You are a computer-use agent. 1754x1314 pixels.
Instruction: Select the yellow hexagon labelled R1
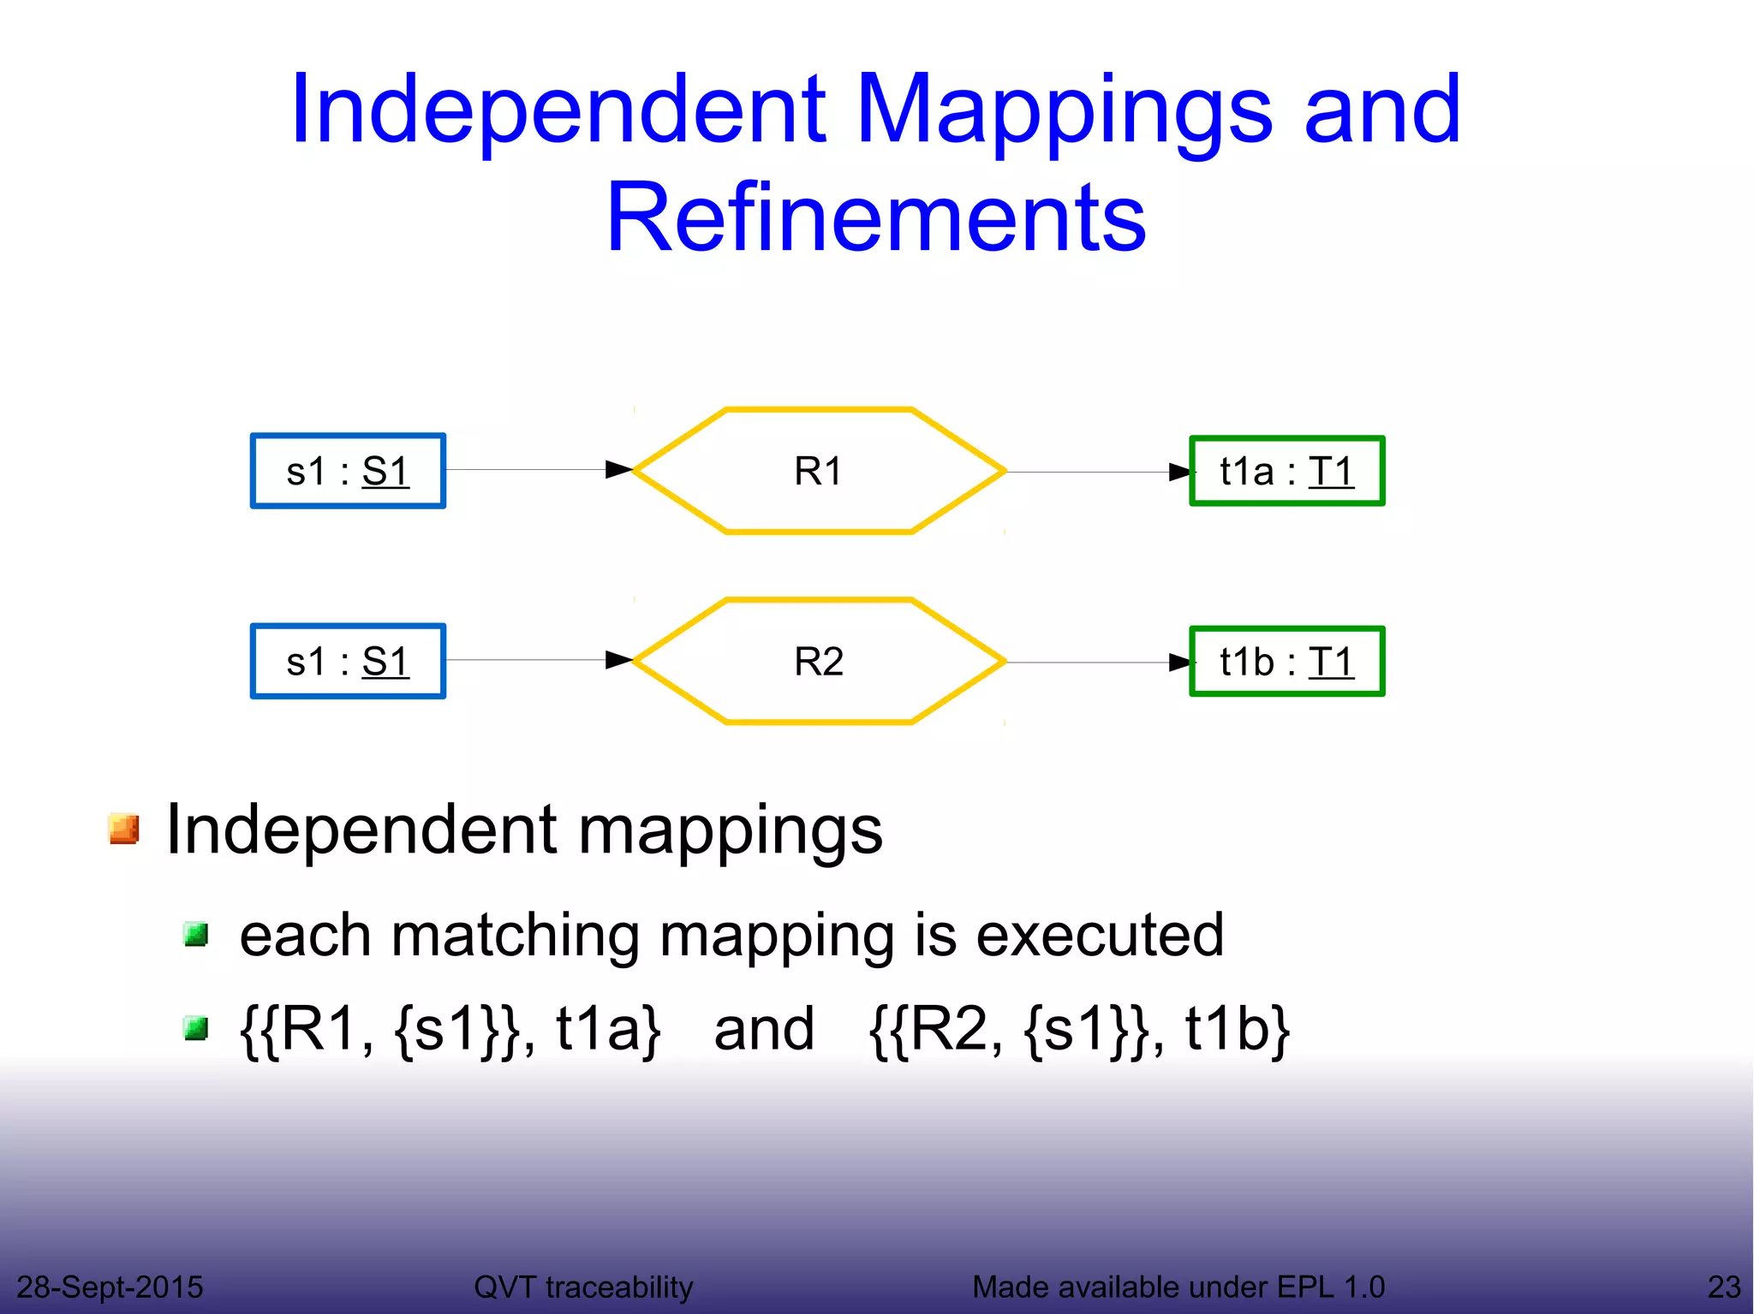819,471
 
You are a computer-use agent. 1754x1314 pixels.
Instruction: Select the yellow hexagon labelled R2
819,662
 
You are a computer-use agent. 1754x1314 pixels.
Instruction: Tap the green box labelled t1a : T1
1286,471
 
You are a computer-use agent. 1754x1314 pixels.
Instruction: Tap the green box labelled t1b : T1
1286,662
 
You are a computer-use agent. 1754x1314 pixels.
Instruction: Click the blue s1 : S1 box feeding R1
348,471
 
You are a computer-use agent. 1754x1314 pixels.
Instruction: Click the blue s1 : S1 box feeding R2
348,662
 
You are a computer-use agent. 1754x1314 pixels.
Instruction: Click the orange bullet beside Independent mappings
124,829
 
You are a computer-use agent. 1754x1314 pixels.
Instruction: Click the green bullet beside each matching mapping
196,934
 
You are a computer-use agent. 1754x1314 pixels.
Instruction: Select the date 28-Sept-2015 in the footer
110,1287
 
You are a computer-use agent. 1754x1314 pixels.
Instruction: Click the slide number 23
1723,1287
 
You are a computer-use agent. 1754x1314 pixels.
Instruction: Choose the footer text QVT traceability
583,1287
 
